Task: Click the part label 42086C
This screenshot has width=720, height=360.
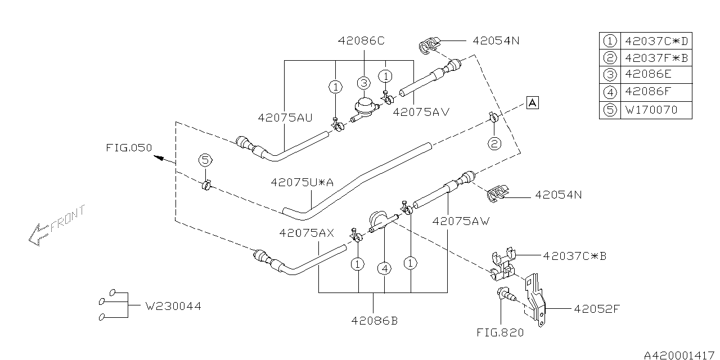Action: [362, 41]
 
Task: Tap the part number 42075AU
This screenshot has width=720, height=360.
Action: [285, 118]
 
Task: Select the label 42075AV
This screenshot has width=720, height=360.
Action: [421, 111]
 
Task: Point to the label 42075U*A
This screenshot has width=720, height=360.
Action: [303, 182]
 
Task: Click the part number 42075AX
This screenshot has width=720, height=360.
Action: [307, 232]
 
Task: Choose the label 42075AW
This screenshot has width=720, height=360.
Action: [461, 221]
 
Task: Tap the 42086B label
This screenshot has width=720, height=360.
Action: [374, 321]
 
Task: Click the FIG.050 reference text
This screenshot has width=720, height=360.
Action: [129, 148]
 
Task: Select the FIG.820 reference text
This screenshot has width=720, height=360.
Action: [499, 332]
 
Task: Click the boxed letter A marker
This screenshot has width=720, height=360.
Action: [532, 102]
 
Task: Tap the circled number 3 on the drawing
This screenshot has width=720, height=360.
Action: [363, 83]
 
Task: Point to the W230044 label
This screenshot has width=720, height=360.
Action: [173, 307]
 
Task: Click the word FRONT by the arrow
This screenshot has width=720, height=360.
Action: [68, 220]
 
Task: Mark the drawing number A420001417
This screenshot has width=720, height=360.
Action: [679, 354]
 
